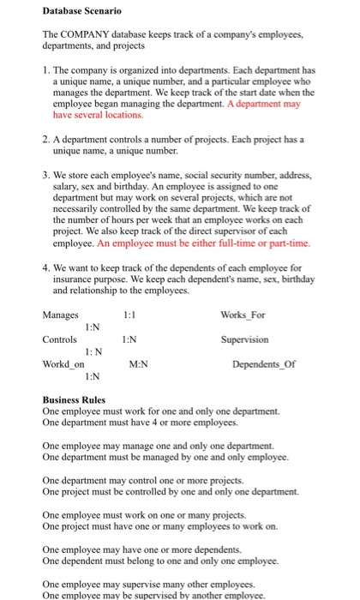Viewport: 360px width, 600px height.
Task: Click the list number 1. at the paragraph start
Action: [46, 69]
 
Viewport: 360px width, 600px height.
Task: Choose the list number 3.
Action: [46, 174]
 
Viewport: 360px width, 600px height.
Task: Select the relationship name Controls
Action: [60, 339]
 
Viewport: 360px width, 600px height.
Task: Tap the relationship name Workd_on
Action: [63, 363]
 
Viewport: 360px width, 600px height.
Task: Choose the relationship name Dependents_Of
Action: [265, 363]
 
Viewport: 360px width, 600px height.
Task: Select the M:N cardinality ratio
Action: [138, 363]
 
